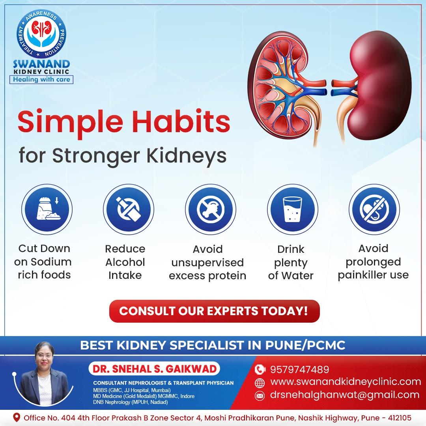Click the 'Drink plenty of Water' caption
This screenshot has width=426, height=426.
click(x=291, y=263)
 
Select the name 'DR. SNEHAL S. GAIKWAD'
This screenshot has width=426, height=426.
click(x=155, y=369)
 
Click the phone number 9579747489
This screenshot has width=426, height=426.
click(x=299, y=370)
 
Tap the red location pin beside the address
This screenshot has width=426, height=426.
click(x=17, y=417)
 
